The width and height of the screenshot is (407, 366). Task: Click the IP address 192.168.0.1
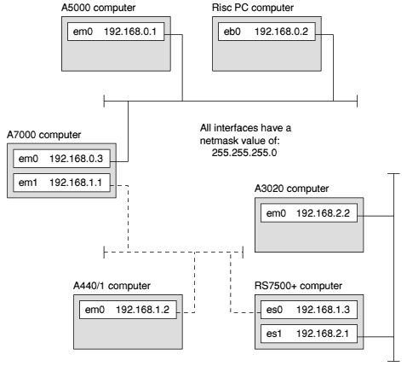click(x=130, y=32)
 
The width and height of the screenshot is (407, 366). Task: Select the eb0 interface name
click(x=232, y=32)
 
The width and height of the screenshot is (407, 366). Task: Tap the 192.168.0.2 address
click(x=281, y=32)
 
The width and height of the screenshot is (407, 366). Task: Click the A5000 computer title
click(x=98, y=8)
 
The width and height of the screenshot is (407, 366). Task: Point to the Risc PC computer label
click(x=253, y=8)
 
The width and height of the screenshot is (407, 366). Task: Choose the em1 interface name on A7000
click(x=28, y=183)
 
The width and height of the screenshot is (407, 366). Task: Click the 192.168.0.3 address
click(x=76, y=159)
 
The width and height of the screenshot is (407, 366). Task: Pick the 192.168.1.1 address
click(x=76, y=183)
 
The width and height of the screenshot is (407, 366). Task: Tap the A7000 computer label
click(x=43, y=135)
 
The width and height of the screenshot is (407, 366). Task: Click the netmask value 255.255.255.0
click(x=244, y=153)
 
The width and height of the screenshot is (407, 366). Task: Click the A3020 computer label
click(x=291, y=189)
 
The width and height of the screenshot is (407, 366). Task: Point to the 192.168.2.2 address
click(x=323, y=213)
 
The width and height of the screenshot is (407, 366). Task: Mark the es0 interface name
click(x=274, y=310)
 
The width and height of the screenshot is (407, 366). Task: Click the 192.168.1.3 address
click(x=323, y=310)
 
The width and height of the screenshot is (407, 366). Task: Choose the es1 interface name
click(x=274, y=334)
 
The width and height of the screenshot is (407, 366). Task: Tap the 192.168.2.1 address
click(x=323, y=334)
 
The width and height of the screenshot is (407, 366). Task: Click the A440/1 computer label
click(x=112, y=286)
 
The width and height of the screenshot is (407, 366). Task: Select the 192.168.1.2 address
click(x=142, y=310)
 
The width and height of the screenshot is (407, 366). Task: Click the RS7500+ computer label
click(x=298, y=286)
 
